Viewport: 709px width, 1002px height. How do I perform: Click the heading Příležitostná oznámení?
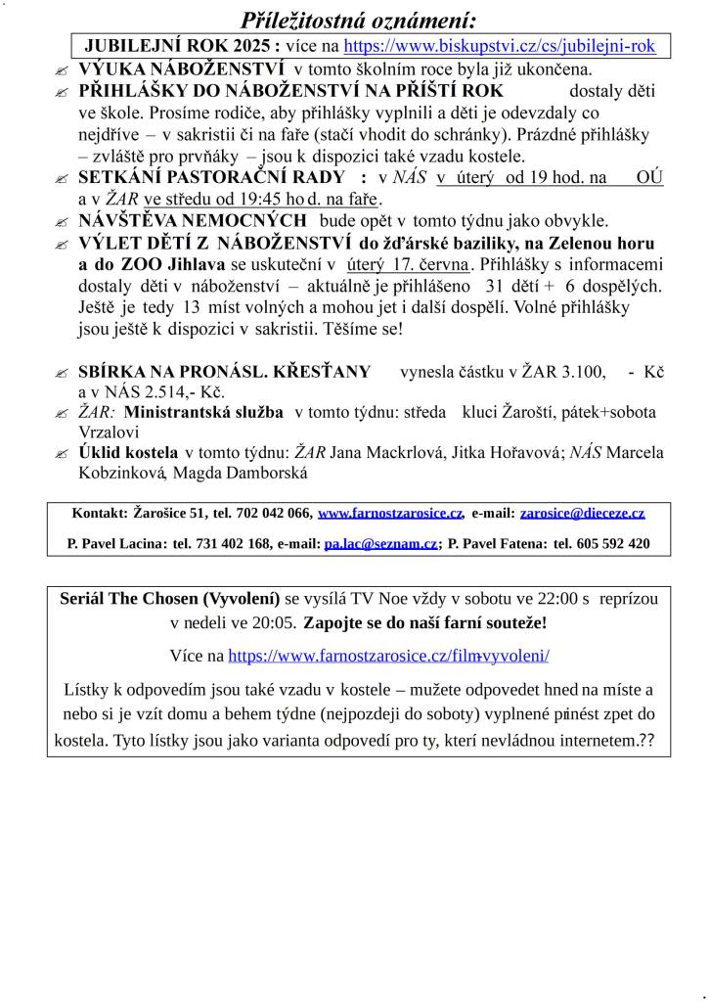coord(359,21)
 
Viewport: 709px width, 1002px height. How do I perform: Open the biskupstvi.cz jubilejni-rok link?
coord(499,46)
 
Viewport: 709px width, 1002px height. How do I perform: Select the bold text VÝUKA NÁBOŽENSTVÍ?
coord(182,69)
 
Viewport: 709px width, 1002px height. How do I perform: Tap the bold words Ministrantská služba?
coord(204,413)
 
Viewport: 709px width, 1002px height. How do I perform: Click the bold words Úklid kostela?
coord(128,453)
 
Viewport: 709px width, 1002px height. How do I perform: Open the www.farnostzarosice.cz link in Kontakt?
coord(389,513)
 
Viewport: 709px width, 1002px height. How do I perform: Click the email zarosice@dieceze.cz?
coord(582,513)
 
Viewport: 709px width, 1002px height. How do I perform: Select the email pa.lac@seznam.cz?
coord(380,543)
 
